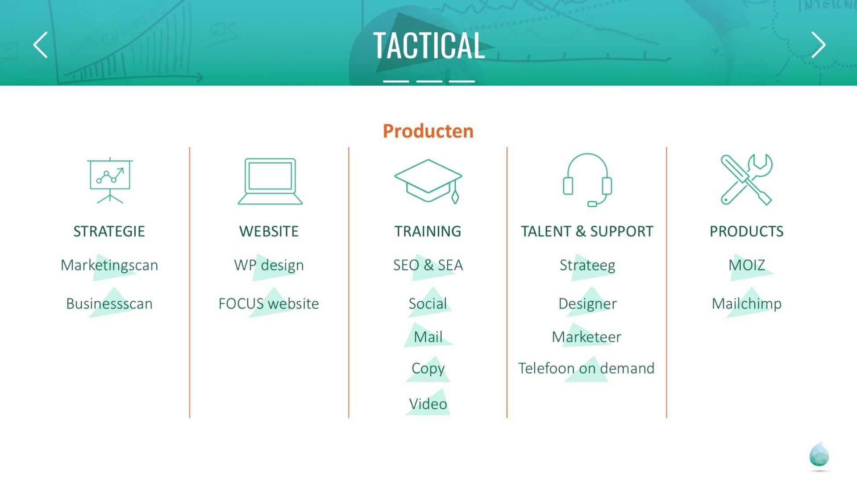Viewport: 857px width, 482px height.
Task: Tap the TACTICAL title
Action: [x=428, y=46]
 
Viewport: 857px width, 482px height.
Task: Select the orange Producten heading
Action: [x=428, y=131]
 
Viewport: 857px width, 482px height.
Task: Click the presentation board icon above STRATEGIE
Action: [x=110, y=180]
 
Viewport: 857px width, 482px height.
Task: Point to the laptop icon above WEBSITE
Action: [x=270, y=181]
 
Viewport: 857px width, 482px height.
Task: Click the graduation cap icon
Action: [x=428, y=181]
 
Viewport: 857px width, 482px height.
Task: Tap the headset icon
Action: [x=587, y=180]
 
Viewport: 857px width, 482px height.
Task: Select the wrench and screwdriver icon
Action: [x=746, y=179]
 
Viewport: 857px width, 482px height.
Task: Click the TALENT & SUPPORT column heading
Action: [x=587, y=231]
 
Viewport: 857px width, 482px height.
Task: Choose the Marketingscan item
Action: [x=109, y=265]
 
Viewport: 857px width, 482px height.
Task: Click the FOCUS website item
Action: [x=269, y=303]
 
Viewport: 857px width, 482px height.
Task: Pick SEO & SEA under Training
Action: [x=428, y=265]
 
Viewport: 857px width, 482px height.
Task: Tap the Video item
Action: [x=428, y=404]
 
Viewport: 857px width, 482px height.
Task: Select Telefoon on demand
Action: [x=586, y=368]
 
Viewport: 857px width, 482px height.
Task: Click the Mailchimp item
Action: [x=747, y=304]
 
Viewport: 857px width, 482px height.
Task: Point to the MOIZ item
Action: [x=747, y=265]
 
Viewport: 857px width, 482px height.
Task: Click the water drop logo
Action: [x=819, y=456]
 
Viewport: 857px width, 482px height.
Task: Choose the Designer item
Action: [x=587, y=304]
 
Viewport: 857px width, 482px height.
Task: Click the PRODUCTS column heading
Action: [x=747, y=231]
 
